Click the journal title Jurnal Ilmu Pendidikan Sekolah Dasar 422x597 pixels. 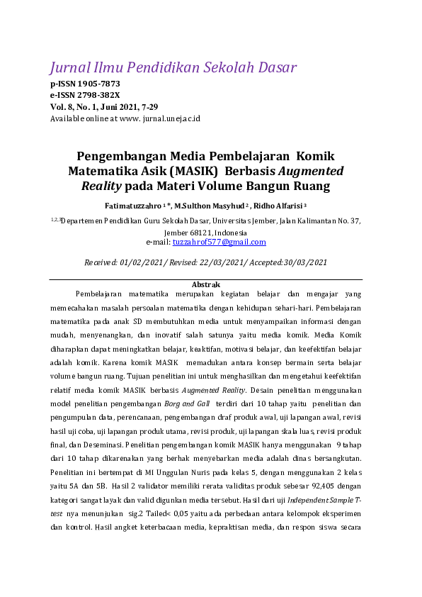click(173, 68)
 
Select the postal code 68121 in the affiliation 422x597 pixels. click(200, 233)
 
